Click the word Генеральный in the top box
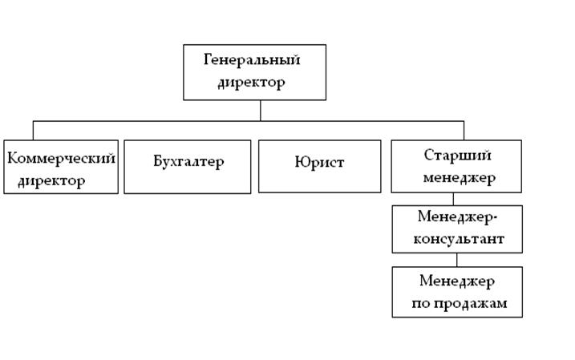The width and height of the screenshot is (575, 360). coord(251,60)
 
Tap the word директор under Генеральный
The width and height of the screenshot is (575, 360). coord(251,82)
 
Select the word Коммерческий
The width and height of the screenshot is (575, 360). coord(61,157)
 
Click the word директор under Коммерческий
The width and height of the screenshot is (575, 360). coord(51,180)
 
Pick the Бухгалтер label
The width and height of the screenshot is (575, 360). coord(188,161)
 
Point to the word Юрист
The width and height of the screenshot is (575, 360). coord(319,162)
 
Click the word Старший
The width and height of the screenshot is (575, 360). coord(457,155)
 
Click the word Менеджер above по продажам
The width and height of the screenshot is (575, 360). coord(457,281)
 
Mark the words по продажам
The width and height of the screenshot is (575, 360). coord(456,304)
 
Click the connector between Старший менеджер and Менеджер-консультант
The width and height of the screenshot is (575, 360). coord(454,199)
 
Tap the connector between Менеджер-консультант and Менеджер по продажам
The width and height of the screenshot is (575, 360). coord(457,260)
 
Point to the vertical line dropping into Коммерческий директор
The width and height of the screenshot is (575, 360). coord(33,130)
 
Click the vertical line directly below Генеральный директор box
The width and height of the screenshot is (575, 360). coord(260,110)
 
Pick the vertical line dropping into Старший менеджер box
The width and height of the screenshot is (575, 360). coord(464,130)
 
